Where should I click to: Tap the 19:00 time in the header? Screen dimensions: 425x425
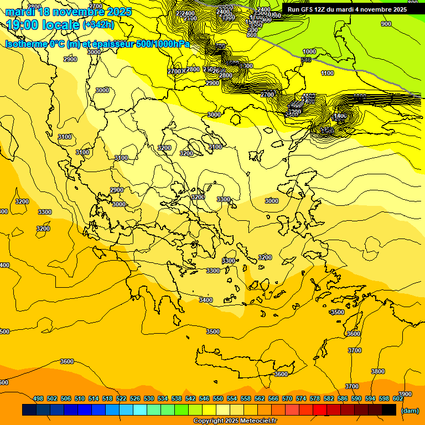point(22,25)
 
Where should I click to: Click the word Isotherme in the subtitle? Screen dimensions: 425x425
point(26,44)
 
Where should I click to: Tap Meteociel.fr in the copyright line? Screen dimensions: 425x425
point(255,421)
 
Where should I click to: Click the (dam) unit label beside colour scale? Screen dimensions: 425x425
point(409,411)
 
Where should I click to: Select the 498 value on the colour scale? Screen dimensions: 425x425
point(38,399)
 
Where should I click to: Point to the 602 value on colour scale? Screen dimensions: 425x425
point(398,399)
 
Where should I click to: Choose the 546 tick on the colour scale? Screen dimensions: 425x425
point(204,399)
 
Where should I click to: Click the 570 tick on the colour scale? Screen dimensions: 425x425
point(287,399)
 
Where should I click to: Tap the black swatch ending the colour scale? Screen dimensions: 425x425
point(389,410)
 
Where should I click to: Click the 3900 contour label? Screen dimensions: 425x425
point(405,394)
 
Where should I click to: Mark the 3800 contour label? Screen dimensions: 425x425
point(378,371)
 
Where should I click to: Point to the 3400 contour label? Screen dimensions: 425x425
point(205,300)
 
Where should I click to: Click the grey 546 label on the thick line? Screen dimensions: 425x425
point(306,59)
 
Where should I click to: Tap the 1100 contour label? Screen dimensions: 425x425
point(327,73)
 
